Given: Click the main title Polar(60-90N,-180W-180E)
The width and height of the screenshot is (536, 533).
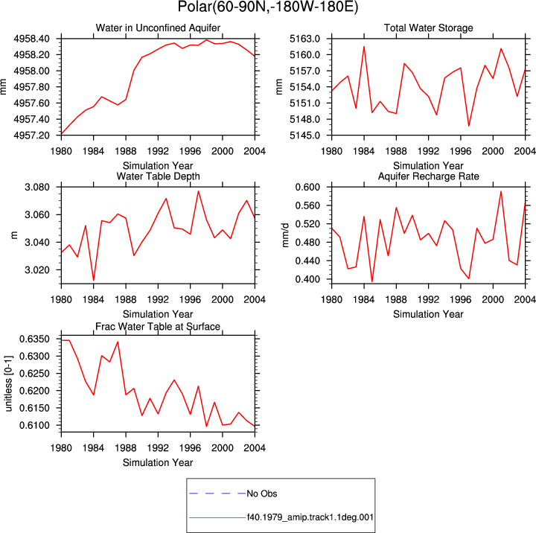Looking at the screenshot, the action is pyautogui.click(x=268, y=7).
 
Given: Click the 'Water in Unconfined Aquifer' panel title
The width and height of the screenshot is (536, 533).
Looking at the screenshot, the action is pyautogui.click(x=158, y=28).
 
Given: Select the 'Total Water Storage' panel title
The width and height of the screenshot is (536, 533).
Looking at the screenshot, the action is pyautogui.click(x=428, y=28).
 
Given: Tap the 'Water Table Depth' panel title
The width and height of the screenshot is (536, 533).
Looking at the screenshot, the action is pyautogui.click(x=158, y=176).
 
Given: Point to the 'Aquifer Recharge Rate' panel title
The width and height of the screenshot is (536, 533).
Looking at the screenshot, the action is pyautogui.click(x=428, y=176).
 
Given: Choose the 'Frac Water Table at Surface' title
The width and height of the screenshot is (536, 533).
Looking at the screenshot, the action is pyautogui.click(x=158, y=327).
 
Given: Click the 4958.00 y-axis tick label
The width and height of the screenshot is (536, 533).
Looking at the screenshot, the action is pyautogui.click(x=31, y=71).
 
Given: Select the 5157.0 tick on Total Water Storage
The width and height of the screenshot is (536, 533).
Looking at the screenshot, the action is pyautogui.click(x=304, y=71).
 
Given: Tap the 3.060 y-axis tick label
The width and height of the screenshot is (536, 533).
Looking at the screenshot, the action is pyautogui.click(x=37, y=214).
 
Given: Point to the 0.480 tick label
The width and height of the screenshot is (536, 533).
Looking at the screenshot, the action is pyautogui.click(x=307, y=243).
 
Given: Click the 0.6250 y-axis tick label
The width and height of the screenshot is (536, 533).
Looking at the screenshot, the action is pyautogui.click(x=34, y=374).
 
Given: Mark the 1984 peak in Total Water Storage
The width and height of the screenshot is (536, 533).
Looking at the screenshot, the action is pyautogui.click(x=364, y=46).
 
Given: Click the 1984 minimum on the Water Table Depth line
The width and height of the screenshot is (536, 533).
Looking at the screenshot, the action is pyautogui.click(x=93, y=281).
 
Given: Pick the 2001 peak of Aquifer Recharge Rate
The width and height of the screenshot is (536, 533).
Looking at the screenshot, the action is pyautogui.click(x=501, y=191).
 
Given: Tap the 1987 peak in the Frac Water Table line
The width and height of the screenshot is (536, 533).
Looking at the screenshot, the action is pyautogui.click(x=118, y=342).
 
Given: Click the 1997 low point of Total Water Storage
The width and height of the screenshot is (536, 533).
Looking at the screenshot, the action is pyautogui.click(x=469, y=126).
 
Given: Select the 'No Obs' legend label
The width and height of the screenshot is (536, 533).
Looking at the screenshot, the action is pyautogui.click(x=262, y=494).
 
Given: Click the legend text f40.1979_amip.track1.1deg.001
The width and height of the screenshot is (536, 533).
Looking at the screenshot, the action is pyautogui.click(x=310, y=517).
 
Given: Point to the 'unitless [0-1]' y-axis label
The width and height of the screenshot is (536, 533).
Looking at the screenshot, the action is pyautogui.click(x=8, y=383).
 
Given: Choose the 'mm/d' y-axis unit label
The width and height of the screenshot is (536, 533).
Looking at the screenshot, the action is pyautogui.click(x=285, y=235).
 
